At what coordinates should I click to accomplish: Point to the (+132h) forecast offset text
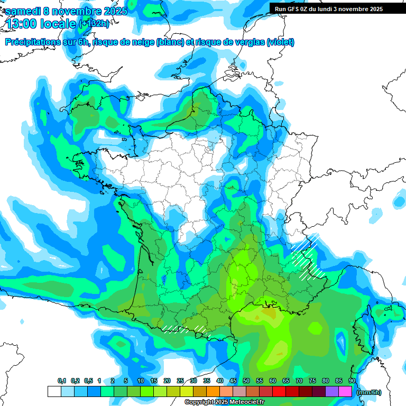click(94, 24)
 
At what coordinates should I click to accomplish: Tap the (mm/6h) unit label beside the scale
click(369, 392)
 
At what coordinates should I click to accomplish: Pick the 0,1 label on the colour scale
click(61, 381)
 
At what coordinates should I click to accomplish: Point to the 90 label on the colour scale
click(352, 381)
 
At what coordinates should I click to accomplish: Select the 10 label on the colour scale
click(141, 381)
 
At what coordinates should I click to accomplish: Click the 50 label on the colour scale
click(246, 381)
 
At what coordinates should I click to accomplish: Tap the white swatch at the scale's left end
click(54, 392)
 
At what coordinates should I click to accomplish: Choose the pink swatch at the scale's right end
click(345, 392)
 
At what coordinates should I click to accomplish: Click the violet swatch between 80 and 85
click(332, 392)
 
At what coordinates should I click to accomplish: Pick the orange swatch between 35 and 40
click(213, 392)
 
